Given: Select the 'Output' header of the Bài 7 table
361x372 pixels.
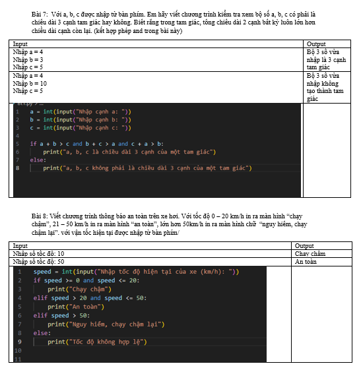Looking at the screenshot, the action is (316, 44).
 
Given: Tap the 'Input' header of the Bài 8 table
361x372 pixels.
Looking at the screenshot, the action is (20, 246).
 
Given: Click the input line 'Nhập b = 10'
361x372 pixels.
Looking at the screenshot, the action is (30, 84).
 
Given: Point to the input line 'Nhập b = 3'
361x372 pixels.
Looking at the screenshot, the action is (28, 59).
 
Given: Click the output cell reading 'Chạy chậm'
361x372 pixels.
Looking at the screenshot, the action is (310, 254).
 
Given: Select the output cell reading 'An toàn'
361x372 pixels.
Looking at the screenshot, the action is (306, 262).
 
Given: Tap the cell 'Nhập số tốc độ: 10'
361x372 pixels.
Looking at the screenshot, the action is (38, 254).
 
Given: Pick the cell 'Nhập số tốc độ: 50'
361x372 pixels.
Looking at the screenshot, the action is (38, 262).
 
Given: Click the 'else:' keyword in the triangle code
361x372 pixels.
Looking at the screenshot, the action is (38, 160).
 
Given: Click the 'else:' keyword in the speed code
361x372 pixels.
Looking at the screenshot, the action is (42, 333).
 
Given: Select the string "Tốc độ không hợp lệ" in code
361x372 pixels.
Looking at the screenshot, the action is (106, 342).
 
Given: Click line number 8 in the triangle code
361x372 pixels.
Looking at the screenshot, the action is (17, 168).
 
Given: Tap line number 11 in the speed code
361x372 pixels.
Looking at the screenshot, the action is (18, 359).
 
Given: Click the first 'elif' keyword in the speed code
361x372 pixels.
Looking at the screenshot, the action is (40, 298).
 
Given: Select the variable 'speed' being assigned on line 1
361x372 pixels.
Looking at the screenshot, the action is (42, 272).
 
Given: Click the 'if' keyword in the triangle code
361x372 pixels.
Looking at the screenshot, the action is (33, 144).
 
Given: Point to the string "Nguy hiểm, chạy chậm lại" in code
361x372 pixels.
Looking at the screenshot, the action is (115, 325).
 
